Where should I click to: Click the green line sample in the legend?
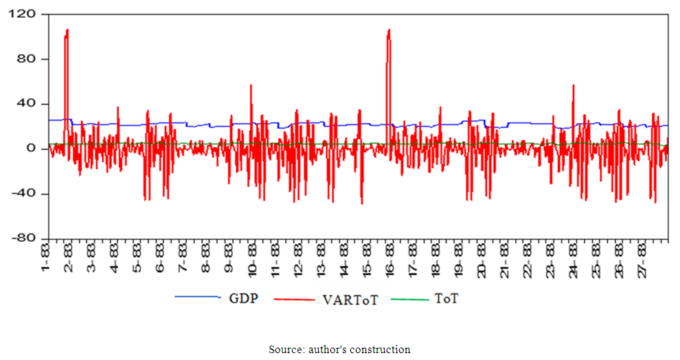click(x=411, y=298)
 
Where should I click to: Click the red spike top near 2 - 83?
click(x=67, y=30)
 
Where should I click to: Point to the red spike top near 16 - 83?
click(x=389, y=30)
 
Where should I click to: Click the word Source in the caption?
click(x=284, y=350)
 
